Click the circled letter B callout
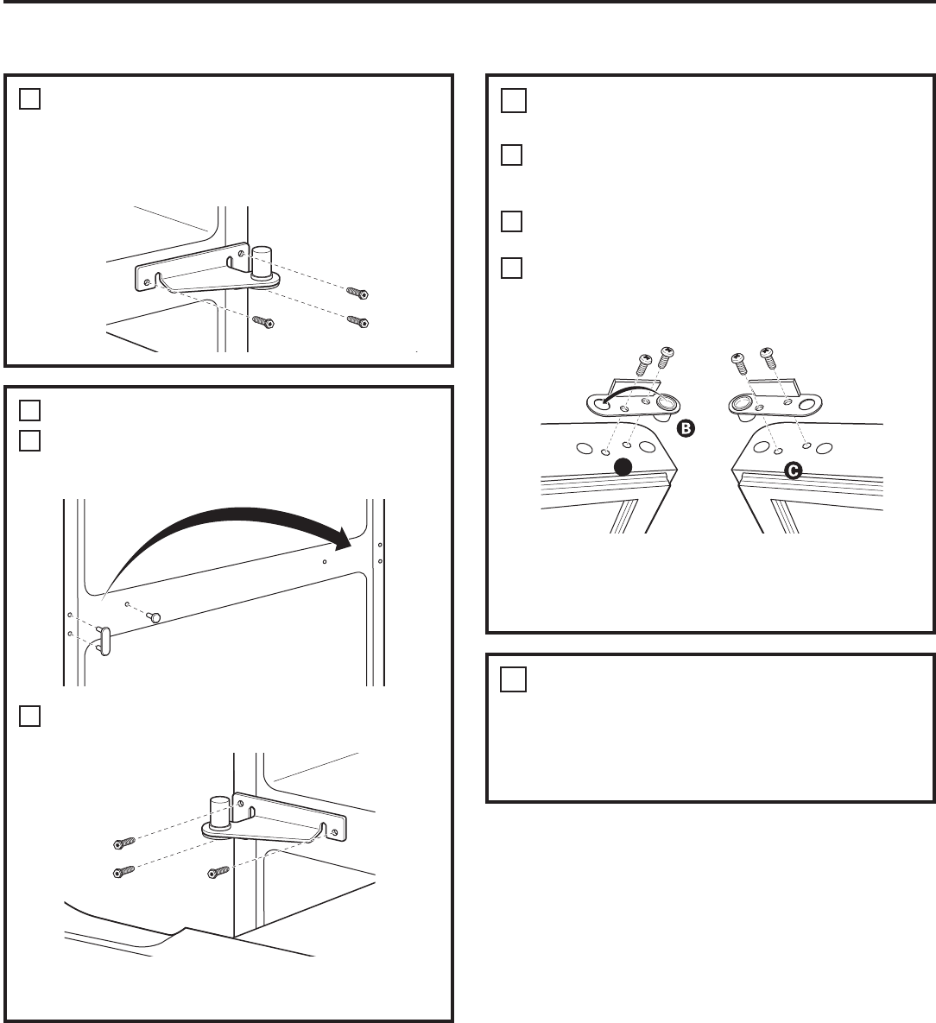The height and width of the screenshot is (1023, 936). point(686,428)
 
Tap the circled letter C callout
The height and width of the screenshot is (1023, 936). point(793,470)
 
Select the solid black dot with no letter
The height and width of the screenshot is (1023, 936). point(623,466)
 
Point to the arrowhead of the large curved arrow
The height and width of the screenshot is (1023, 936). point(341,539)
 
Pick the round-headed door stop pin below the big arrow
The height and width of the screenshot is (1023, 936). point(155,616)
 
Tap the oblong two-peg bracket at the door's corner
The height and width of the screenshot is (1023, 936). point(104,641)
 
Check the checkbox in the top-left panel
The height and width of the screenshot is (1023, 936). point(29,98)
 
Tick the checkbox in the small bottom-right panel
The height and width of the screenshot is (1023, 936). point(513,679)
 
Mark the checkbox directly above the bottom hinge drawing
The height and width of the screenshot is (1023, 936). point(29,716)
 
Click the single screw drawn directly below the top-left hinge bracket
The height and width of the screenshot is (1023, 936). point(263,322)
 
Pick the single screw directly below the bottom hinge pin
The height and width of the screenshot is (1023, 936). point(218,872)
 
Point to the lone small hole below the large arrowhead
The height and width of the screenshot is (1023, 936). point(325,562)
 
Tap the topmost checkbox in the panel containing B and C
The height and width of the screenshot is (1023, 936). point(513,100)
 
